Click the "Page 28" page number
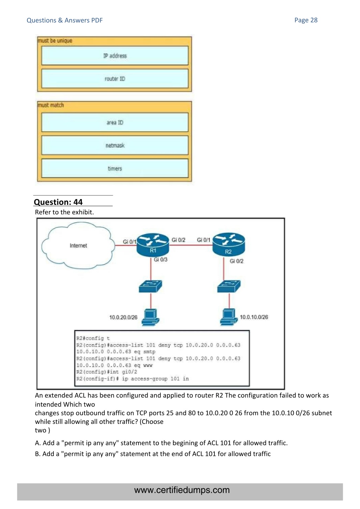coord(306,20)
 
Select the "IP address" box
coord(115,56)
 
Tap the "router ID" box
coord(115,79)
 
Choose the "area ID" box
coord(115,122)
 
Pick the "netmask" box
coord(115,146)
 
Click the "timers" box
coord(115,169)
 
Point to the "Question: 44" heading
coord(58,202)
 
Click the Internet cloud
coord(78,245)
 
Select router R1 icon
coord(153,245)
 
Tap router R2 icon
coord(229,245)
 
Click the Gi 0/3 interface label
coord(161,259)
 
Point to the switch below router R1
coord(150,286)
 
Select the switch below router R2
coord(229,286)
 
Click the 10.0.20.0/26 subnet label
coord(123,317)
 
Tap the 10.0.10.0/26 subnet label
coord(254,317)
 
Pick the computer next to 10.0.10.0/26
coord(229,317)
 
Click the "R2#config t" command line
coord(93,339)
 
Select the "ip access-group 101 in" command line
coord(133,379)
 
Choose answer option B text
coord(153,454)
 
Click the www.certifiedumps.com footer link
coord(182,490)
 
